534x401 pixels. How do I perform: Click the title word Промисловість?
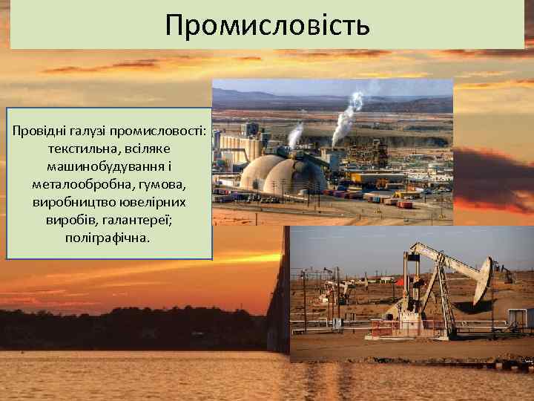tap(267, 25)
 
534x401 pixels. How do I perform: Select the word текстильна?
tap(76, 149)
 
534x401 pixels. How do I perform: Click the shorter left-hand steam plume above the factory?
tap(294, 134)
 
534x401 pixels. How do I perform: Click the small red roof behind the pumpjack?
tap(401, 283)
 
